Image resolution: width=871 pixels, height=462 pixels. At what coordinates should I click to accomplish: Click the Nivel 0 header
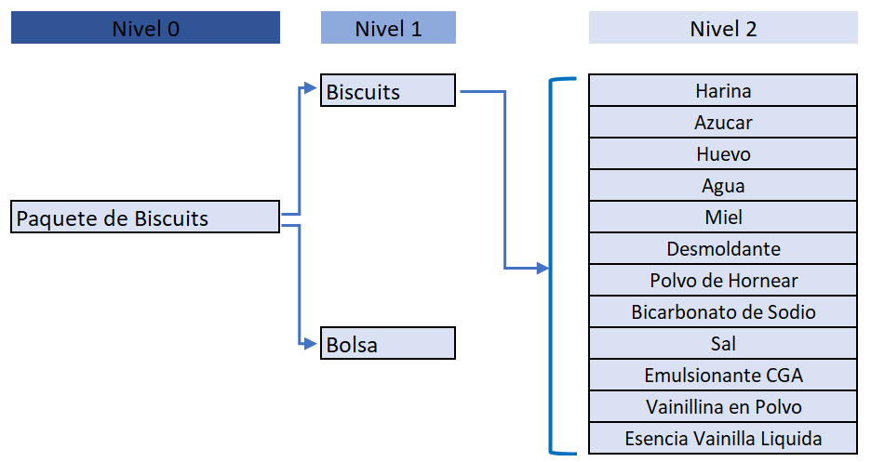pos(145,28)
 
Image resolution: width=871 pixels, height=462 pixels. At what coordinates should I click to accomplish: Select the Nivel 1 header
pos(388,28)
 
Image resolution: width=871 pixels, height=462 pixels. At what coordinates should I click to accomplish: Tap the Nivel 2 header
pos(723,28)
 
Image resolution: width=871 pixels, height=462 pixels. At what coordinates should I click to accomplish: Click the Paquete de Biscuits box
pos(145,217)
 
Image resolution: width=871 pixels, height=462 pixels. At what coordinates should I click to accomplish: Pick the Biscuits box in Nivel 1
pos(388,90)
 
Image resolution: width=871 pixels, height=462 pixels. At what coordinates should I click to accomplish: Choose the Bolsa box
pos(388,343)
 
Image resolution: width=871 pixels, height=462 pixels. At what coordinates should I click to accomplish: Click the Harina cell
pos(723,90)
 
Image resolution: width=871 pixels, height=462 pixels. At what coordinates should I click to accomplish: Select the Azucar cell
pos(723,122)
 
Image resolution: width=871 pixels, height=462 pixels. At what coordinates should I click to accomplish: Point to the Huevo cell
pos(723,153)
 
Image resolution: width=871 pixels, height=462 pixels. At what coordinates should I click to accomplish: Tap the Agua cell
pos(723,185)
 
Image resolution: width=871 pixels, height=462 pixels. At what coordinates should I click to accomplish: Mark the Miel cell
pos(723,217)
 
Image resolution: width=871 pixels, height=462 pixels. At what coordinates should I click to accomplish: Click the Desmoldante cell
pos(723,248)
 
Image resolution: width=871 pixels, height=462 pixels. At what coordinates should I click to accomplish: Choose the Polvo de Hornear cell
pos(723,280)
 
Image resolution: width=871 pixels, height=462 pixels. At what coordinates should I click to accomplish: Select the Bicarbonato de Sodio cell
pos(723,311)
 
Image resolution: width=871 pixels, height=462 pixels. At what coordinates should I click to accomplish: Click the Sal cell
pos(723,343)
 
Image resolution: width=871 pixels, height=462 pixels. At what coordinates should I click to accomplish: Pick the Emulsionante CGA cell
pos(723,375)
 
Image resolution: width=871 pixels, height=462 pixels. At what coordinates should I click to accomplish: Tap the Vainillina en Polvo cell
pos(723,406)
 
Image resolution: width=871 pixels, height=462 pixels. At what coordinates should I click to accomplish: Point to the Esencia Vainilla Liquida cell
pos(723,438)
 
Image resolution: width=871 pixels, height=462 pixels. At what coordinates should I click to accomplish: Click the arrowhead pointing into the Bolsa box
pos(311,344)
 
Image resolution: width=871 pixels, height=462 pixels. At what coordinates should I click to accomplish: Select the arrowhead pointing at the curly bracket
pos(543,269)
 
